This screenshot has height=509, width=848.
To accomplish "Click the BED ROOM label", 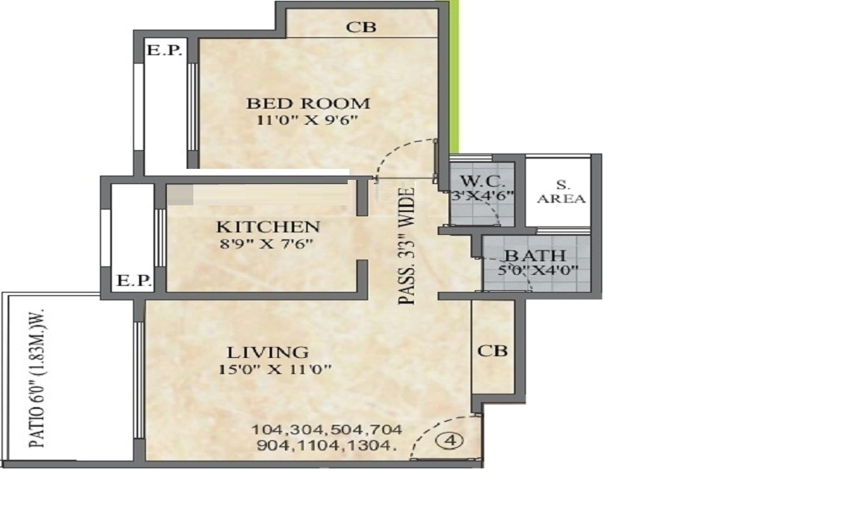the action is [309, 103].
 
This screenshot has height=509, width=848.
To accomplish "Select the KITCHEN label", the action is [268, 227].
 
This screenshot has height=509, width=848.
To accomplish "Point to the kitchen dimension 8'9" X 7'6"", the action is [266, 243].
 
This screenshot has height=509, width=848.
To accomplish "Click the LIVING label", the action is [268, 352].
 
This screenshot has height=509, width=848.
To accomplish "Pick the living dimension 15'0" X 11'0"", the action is [275, 370].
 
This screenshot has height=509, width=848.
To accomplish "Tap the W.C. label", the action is [483, 181].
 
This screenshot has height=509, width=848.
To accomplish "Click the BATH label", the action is [535, 255].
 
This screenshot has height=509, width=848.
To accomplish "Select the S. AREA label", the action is [561, 192].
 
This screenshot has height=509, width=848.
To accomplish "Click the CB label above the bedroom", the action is [360, 26].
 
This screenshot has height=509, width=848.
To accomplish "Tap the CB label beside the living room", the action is [493, 350].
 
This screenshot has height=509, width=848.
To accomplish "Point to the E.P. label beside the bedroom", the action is [165, 50].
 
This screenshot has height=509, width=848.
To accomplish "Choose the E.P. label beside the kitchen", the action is [134, 281].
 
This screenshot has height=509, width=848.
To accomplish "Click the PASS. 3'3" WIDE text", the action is [407, 246].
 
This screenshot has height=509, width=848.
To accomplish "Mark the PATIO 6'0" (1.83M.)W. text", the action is [36, 378].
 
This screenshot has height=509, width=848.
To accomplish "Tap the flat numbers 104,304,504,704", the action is [327, 429].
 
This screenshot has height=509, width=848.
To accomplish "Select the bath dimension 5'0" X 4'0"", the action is [538, 270].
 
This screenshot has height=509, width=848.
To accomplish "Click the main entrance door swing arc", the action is [432, 428].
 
